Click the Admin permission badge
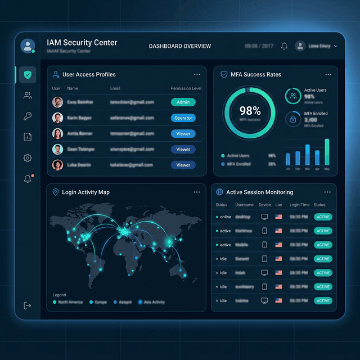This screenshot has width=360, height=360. click(x=183, y=102)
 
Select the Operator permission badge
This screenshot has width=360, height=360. click(x=183, y=118)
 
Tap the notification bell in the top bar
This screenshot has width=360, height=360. click(x=284, y=46)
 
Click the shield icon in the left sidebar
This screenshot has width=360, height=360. click(x=27, y=75)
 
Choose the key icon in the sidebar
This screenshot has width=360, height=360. click(x=27, y=116)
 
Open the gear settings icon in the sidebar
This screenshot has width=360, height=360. click(x=27, y=158)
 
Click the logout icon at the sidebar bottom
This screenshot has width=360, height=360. click(x=27, y=305)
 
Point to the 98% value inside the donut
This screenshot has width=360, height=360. click(x=250, y=110)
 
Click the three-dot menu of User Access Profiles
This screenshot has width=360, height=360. click(x=197, y=74)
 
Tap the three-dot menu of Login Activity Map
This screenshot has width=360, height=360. click(x=197, y=192)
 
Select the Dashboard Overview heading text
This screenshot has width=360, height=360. click(x=180, y=46)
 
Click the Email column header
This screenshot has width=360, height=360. click(x=115, y=88)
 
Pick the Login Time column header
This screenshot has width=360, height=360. click(x=299, y=205)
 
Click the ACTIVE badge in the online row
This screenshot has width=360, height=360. click(x=323, y=217)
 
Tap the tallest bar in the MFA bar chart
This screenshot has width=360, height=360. click(x=327, y=152)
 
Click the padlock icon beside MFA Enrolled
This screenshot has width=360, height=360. click(x=292, y=119)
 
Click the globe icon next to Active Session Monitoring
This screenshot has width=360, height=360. click(x=220, y=192)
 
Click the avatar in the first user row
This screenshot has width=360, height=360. click(x=57, y=102)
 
